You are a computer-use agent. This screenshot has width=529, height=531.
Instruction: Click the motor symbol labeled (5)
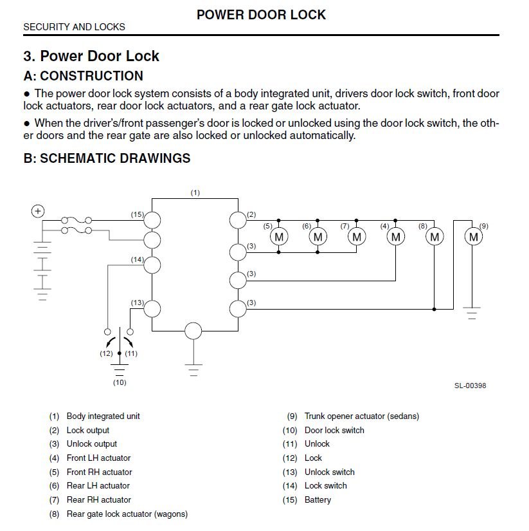[279, 236]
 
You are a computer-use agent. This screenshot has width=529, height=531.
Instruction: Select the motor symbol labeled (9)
[474, 236]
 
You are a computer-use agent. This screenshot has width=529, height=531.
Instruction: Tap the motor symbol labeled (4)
[396, 236]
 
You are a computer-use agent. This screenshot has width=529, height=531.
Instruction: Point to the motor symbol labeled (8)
[435, 236]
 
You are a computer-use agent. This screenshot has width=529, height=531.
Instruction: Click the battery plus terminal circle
[38, 211]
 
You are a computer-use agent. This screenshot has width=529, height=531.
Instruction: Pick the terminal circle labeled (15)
[152, 220]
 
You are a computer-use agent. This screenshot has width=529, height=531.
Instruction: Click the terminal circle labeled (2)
[238, 220]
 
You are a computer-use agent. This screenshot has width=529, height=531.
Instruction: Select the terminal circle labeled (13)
[152, 308]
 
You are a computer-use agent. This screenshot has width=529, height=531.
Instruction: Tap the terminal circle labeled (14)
[152, 265]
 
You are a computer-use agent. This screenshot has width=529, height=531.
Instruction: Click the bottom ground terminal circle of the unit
[193, 331]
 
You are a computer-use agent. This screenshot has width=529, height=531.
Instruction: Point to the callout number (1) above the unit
[195, 192]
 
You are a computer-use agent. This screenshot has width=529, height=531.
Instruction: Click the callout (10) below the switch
[120, 382]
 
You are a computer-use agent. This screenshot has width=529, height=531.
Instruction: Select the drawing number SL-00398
[470, 386]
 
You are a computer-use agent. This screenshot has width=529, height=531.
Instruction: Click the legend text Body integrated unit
[103, 416]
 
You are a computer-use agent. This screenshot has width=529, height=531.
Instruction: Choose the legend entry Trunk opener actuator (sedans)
[362, 416]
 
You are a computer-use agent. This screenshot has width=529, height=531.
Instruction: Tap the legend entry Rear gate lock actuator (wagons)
[127, 514]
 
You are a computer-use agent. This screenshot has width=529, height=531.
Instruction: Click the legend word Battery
[318, 500]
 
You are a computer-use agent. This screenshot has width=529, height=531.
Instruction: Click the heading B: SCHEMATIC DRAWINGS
[107, 158]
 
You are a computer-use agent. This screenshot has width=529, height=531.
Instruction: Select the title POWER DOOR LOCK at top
[261, 15]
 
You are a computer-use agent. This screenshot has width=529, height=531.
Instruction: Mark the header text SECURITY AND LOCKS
[74, 27]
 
